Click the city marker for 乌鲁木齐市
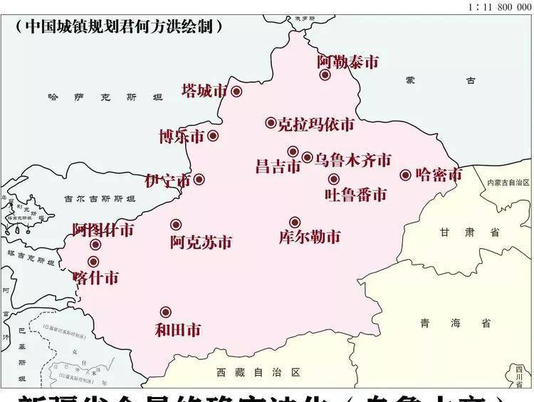[x=307, y=158]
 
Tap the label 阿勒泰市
[x=347, y=62]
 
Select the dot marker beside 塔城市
[x=236, y=91]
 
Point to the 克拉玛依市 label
[x=315, y=125]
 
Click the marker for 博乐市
[x=213, y=135]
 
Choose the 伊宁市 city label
[x=168, y=181]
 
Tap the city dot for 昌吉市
[x=293, y=152]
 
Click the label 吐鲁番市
[x=355, y=194]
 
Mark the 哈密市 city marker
[x=406, y=174]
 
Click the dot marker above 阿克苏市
[x=176, y=225]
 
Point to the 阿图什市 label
[x=103, y=230]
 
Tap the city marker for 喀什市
[x=93, y=262]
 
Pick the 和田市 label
[x=177, y=329]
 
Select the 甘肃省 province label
[x=470, y=233]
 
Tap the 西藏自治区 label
[x=259, y=372]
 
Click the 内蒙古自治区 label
[x=508, y=183]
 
